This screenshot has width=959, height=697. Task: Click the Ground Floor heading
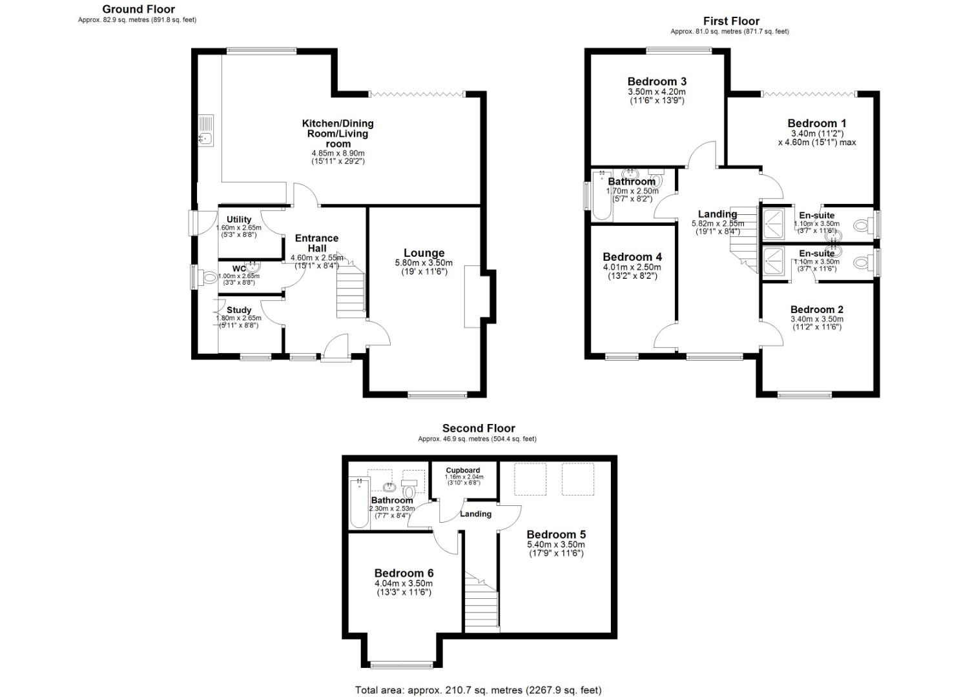point(138,9)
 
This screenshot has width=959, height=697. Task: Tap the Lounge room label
point(424,253)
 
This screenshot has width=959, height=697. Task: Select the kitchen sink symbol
point(206,131)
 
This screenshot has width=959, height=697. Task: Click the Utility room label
point(239,219)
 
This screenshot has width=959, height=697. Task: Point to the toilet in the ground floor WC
point(209,278)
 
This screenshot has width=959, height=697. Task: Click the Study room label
point(239,310)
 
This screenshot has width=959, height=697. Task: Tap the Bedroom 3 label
point(657,81)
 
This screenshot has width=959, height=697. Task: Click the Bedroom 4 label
point(632,257)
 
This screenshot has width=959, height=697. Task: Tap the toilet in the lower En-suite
point(861,263)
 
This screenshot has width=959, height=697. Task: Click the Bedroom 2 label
point(816,309)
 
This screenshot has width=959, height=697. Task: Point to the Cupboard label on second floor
point(463,470)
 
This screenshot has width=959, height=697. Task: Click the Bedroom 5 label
point(556,534)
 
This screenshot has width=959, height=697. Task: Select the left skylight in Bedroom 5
point(530,479)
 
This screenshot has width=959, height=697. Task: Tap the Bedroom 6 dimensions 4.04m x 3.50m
point(404,583)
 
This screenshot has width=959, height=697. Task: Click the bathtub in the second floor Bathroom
point(357,504)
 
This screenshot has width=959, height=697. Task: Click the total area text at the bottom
point(478,690)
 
